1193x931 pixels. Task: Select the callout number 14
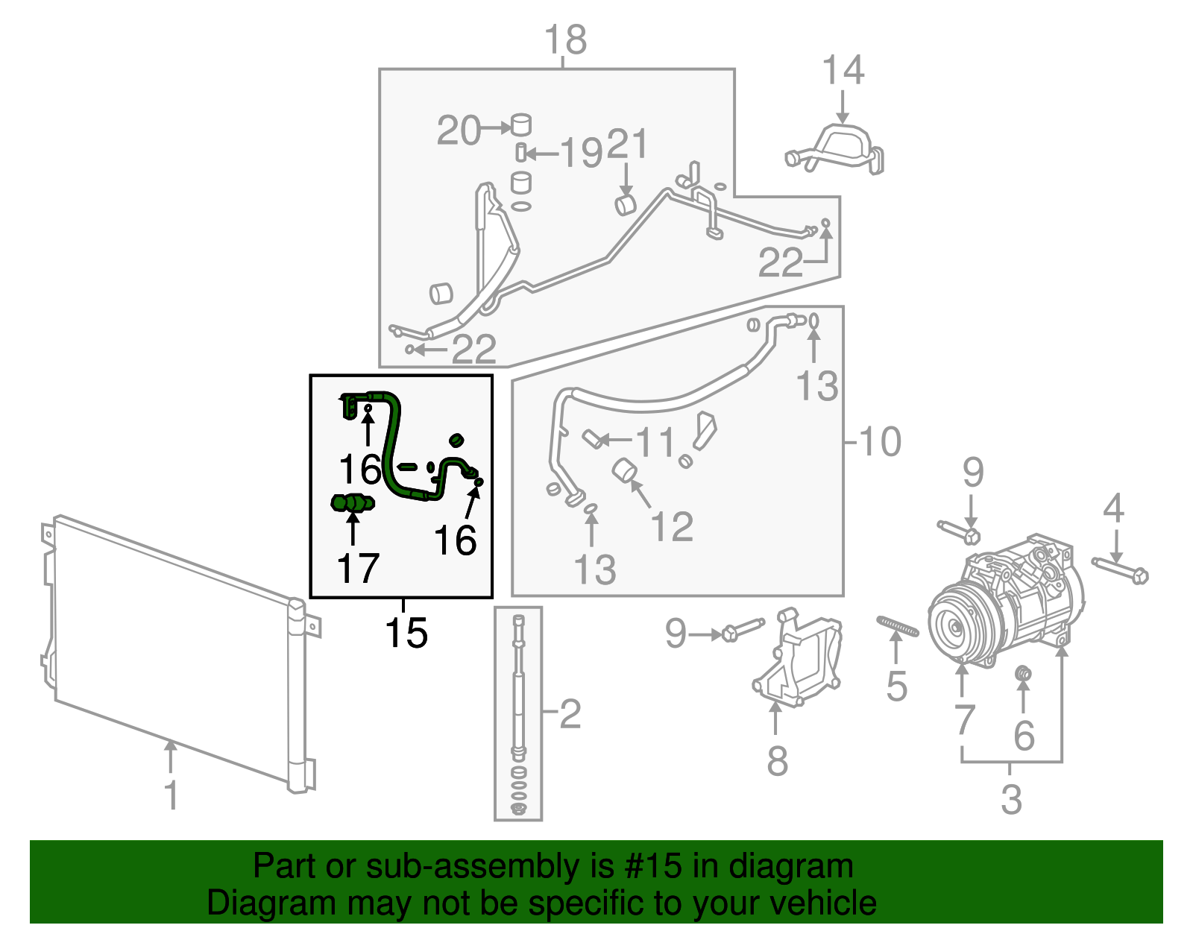pyautogui.click(x=843, y=71)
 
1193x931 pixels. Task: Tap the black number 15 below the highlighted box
pyautogui.click(x=406, y=634)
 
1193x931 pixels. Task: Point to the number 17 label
pyautogui.click(x=358, y=569)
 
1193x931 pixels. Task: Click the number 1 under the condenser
pyautogui.click(x=171, y=795)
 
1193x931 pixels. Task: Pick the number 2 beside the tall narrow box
pyautogui.click(x=570, y=714)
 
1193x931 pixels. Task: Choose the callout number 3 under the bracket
pyautogui.click(x=1011, y=800)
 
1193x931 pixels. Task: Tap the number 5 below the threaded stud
pyautogui.click(x=896, y=686)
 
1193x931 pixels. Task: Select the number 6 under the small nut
pyautogui.click(x=1024, y=736)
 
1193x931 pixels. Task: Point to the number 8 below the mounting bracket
pyautogui.click(x=777, y=761)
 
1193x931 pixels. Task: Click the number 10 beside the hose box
pyautogui.click(x=881, y=441)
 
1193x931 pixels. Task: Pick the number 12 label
pyautogui.click(x=672, y=527)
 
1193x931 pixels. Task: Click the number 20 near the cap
pyautogui.click(x=459, y=131)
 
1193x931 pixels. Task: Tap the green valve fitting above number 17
pyautogui.click(x=353, y=504)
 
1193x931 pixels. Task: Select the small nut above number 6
pyautogui.click(x=1024, y=675)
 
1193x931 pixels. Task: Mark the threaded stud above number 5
pyautogui.click(x=898, y=626)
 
